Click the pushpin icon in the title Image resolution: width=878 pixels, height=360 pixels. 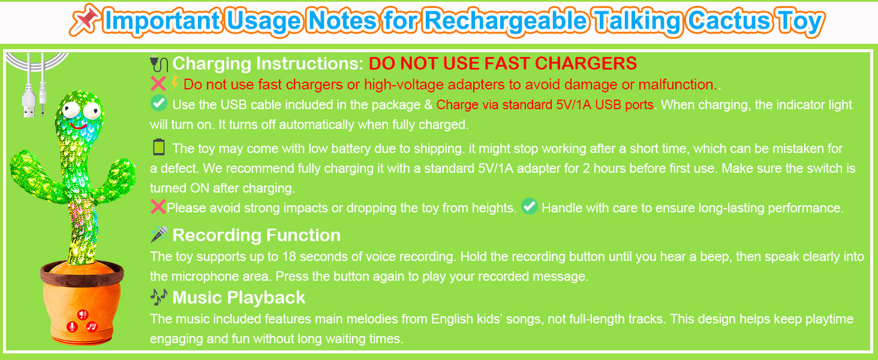pyautogui.click(x=85, y=20)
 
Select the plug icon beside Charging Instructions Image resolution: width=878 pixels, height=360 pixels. pyautogui.click(x=159, y=64)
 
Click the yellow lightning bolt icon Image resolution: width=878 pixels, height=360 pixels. pyautogui.click(x=175, y=83)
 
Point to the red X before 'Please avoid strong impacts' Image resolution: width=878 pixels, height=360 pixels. pyautogui.click(x=158, y=206)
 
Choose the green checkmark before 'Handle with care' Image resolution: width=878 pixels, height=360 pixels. pyautogui.click(x=530, y=206)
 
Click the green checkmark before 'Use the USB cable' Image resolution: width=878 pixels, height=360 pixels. pyautogui.click(x=159, y=103)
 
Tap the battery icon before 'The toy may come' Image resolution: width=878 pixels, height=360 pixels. pyautogui.click(x=159, y=147)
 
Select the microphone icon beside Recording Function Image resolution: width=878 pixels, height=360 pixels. pyautogui.click(x=159, y=234)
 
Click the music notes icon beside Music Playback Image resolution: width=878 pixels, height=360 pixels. pyautogui.click(x=159, y=297)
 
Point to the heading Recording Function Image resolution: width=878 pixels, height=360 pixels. pyautogui.click(x=256, y=235)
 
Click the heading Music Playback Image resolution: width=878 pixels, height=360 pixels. pyautogui.click(x=239, y=298)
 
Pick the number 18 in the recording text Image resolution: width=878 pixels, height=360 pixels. pyautogui.click(x=289, y=256)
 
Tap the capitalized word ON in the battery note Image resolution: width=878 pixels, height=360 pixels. pyautogui.click(x=200, y=188)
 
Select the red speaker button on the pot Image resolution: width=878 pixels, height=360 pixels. pyautogui.click(x=83, y=314)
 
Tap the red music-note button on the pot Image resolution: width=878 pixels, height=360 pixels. pyautogui.click(x=92, y=326)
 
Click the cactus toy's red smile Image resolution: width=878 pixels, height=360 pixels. pyautogui.click(x=79, y=126)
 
